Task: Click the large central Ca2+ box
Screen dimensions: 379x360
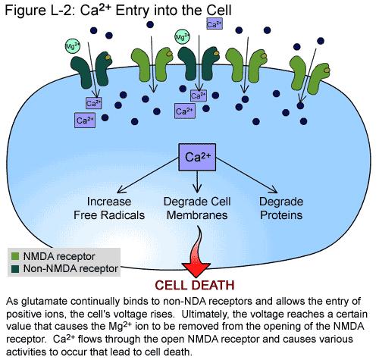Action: coord(197,157)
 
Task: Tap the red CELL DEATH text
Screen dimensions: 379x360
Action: coord(195,285)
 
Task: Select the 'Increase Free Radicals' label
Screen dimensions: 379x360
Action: coord(109,208)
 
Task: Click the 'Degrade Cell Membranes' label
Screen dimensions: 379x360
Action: coord(197,208)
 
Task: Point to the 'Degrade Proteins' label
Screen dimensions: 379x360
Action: coord(281,208)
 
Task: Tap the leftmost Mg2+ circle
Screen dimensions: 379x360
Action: coord(73,46)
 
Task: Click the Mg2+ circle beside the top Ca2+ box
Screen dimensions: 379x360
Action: coord(183,37)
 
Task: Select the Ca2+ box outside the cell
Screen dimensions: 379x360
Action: coord(215,24)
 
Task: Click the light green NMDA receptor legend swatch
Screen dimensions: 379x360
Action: coord(15,256)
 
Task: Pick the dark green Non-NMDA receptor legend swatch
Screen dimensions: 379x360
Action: coord(15,268)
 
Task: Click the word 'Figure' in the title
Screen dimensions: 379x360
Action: coord(21,11)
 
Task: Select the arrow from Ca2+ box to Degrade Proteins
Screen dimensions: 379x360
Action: coord(247,176)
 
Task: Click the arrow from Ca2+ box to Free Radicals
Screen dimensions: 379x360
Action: coord(148,176)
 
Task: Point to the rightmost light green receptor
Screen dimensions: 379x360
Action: coord(310,74)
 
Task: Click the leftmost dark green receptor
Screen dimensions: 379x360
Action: coord(91,69)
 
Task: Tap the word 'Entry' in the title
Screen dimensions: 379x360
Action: coord(132,11)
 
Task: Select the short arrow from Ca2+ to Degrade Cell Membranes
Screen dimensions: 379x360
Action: coord(197,182)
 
